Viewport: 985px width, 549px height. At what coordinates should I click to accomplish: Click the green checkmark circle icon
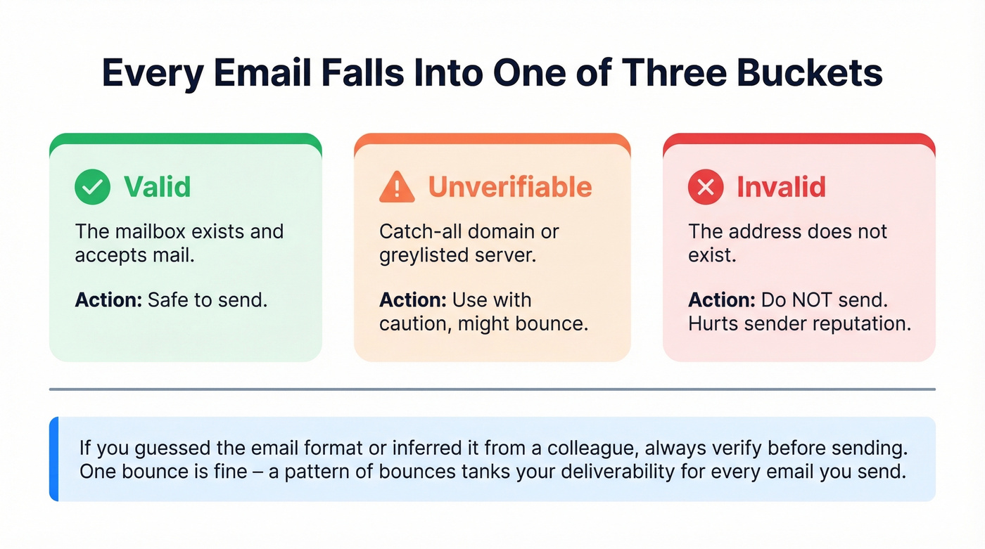pos(92,187)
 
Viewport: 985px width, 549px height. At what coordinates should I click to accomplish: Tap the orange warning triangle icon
pos(397,187)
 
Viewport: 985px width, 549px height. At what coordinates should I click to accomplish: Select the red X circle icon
pos(706,187)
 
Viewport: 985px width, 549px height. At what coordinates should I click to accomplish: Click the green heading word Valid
pos(157,187)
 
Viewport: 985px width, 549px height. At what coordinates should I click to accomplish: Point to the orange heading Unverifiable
pos(510,187)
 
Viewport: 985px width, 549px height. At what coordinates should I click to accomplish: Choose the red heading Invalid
pos(781,187)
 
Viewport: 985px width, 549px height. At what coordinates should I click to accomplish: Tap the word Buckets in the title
pos(819,73)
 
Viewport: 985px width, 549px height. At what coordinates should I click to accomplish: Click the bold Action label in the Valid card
pos(108,300)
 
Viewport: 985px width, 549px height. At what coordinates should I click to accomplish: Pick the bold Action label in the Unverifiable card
pos(413,300)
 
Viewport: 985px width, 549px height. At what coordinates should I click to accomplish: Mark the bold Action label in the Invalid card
pos(722,300)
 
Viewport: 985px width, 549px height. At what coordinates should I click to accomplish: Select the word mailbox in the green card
pos(147,231)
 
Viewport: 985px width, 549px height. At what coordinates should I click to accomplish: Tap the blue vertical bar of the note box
pos(53,459)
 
